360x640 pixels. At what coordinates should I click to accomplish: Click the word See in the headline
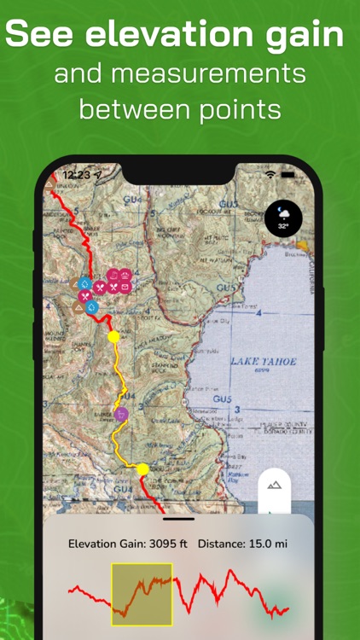(41, 35)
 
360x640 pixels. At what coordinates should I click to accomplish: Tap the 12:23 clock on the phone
(76, 175)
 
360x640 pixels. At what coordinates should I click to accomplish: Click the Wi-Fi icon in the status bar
(270, 174)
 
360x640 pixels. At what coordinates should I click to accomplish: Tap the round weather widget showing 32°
(282, 218)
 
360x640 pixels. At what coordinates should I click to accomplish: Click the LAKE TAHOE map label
(264, 361)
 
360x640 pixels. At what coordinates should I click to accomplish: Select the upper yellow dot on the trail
(113, 337)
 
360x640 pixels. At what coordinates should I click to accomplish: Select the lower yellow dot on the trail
(142, 469)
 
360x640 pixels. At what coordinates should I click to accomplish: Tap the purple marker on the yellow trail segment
(121, 415)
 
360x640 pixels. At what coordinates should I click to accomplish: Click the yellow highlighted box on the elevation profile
(142, 595)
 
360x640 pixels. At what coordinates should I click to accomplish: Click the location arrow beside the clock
(98, 175)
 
